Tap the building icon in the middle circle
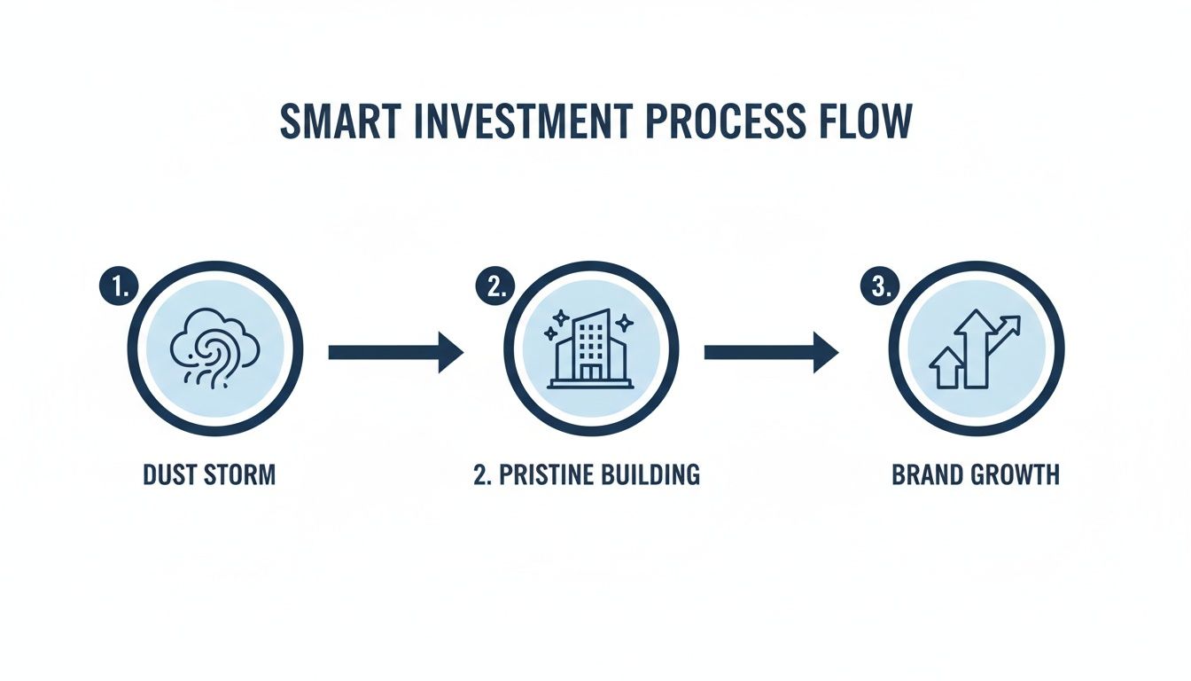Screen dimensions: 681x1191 [590, 349]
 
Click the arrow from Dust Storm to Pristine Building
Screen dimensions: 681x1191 [395, 353]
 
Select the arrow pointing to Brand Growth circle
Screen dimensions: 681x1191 [771, 353]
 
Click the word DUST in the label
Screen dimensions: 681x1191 [168, 474]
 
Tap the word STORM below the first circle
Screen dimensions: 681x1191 [238, 474]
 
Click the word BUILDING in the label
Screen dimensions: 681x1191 [650, 474]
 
